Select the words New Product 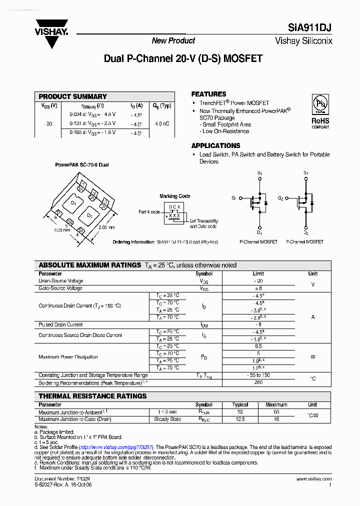coord(173,41)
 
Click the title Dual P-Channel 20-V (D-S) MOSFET coord(183,58)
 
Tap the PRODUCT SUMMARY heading coord(72,96)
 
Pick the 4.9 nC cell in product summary coord(162,123)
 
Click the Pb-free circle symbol coord(320,104)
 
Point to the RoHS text coord(320,120)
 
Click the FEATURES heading coord(208,94)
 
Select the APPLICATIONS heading coord(215,145)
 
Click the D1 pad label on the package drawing coord(73,202)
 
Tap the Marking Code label coord(174,196)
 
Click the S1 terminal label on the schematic coord(259,172)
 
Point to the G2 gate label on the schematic coord(280,198)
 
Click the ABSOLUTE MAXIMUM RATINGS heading coord(90,265)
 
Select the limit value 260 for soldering coord(258,383)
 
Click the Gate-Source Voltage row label coord(60,288)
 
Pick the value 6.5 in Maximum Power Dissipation coord(258,346)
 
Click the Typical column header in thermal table coord(240,404)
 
